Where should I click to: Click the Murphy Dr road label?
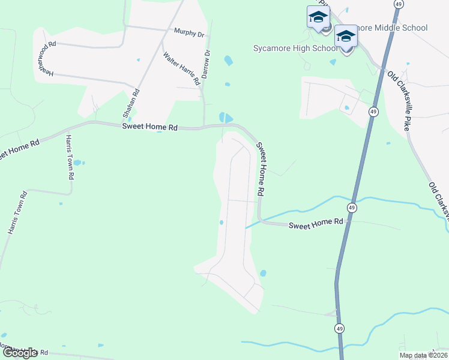click(x=188, y=32)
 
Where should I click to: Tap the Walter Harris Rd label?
click(x=181, y=68)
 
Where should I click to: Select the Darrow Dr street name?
click(x=208, y=62)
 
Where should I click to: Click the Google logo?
click(x=20, y=353)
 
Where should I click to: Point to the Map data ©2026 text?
click(x=424, y=355)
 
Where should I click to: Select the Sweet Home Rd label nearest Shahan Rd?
click(x=150, y=127)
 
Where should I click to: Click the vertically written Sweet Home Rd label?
click(x=261, y=169)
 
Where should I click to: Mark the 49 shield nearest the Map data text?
click(x=340, y=329)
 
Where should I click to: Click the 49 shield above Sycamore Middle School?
click(x=398, y=4)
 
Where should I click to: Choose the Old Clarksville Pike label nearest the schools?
click(x=399, y=90)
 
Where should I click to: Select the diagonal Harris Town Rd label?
click(x=16, y=213)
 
